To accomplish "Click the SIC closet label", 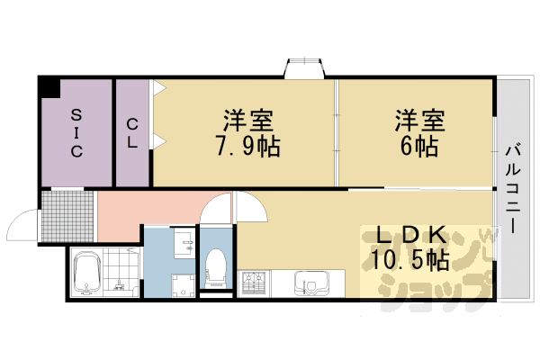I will point(76,132).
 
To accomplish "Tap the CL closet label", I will point(132,132).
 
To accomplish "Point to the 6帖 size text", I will point(415,146).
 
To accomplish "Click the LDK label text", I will point(410,236).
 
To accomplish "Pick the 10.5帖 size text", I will point(410,261).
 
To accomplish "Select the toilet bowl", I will point(216,269).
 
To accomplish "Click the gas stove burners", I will point(252,283).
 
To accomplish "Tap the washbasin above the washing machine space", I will point(183,244).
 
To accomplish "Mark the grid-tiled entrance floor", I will point(67,217).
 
